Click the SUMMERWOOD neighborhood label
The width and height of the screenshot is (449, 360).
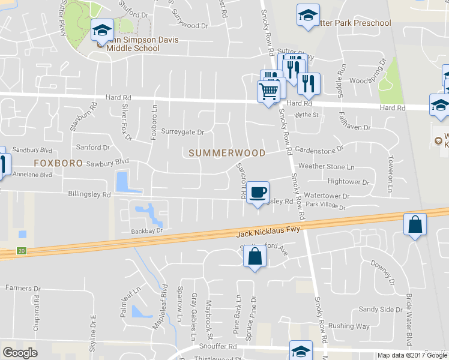click(227, 153)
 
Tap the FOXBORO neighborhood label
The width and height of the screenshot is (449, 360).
click(58, 163)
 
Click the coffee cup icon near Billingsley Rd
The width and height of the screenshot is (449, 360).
click(258, 192)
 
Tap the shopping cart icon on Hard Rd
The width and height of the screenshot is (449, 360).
click(268, 91)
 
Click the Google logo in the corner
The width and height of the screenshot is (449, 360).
click(20, 353)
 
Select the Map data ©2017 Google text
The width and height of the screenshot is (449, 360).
click(412, 355)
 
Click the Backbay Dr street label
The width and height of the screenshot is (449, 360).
click(147, 230)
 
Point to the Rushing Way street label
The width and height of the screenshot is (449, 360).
click(349, 326)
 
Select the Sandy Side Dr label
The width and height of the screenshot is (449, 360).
click(381, 310)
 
